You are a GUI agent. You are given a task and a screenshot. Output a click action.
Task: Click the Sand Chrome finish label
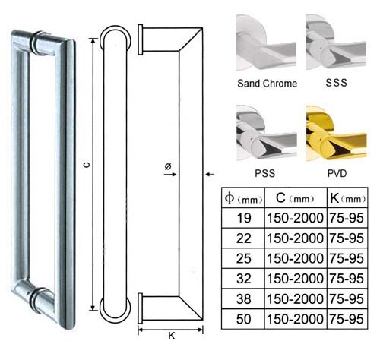(x=267, y=84)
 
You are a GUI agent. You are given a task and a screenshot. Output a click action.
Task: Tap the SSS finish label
(x=336, y=83)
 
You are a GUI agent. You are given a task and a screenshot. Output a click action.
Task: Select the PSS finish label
(x=265, y=173)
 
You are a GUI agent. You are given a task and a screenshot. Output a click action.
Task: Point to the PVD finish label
(x=337, y=173)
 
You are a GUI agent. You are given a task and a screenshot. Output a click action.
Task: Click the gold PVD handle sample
(x=336, y=134)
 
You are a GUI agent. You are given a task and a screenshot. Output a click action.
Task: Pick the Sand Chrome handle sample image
(x=266, y=43)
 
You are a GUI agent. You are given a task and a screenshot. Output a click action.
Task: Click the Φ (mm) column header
(x=243, y=198)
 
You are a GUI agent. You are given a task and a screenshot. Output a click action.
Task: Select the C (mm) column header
(x=295, y=198)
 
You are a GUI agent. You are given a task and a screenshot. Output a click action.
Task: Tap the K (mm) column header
(x=347, y=198)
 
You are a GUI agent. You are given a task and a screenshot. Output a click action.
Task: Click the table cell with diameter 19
(x=244, y=218)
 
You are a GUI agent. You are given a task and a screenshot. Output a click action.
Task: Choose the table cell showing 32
(x=244, y=279)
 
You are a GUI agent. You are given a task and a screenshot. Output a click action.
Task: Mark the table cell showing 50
(x=244, y=319)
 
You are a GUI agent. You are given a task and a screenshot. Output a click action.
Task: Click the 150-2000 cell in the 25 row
(x=295, y=258)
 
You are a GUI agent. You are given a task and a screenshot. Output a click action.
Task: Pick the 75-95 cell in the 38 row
(x=347, y=298)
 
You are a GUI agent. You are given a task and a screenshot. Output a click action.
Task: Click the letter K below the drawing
(x=172, y=336)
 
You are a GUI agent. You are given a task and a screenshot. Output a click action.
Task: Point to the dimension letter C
(x=87, y=165)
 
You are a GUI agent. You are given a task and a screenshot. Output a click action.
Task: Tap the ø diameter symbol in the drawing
(x=168, y=166)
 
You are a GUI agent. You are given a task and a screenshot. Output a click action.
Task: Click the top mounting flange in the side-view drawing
(x=141, y=39)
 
